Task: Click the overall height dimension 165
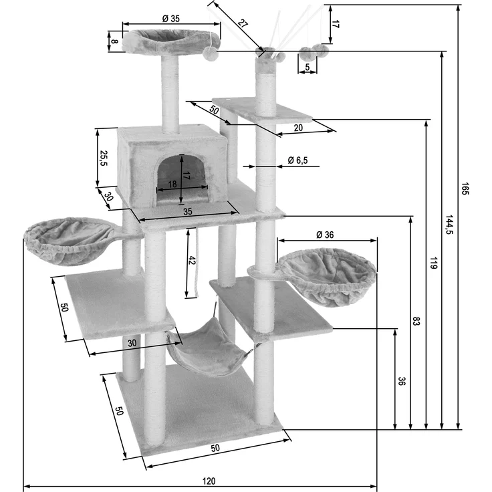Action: coord(465,189)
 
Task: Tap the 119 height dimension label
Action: coord(433,262)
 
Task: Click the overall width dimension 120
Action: coord(209,481)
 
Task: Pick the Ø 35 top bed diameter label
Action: coord(170,18)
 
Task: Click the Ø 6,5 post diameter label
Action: coord(298,160)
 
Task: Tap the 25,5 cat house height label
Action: coord(103,158)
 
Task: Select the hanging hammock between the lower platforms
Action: coord(209,348)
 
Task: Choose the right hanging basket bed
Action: coord(328,275)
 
